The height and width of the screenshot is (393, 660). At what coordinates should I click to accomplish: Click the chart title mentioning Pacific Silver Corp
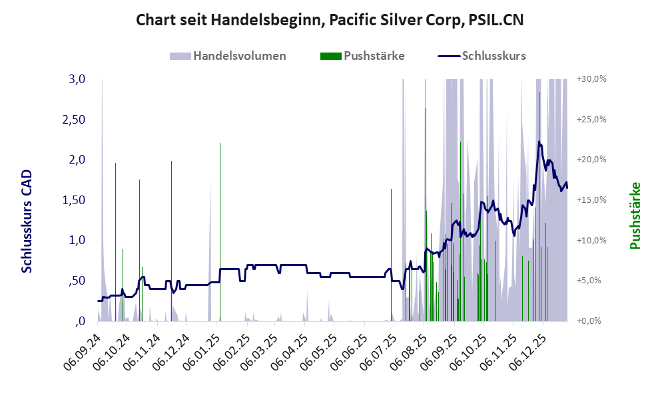[330, 20]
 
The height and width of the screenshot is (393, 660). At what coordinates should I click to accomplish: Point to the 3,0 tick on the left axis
[77, 79]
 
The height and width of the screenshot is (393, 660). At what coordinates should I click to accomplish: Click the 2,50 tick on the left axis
[75, 120]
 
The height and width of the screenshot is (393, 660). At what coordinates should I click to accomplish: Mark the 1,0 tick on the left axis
[77, 240]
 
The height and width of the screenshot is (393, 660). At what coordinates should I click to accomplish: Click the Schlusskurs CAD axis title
[27, 221]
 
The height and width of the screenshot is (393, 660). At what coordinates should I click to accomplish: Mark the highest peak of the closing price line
[539, 141]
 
